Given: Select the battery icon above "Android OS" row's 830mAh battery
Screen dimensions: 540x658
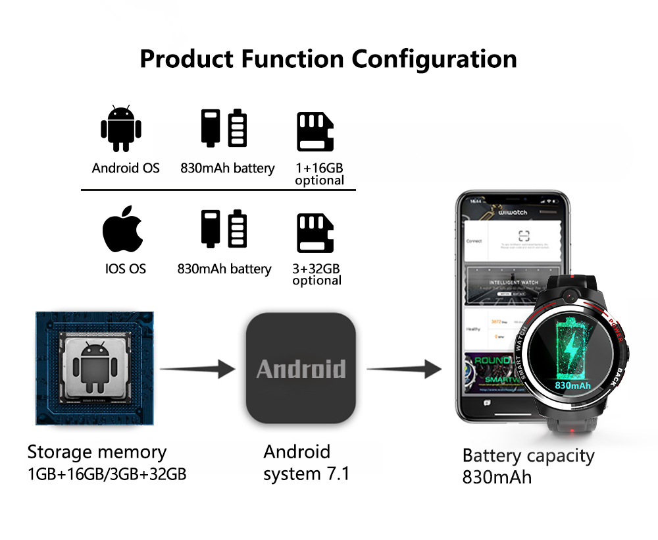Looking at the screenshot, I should coord(224,128).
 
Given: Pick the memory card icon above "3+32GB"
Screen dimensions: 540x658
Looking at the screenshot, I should coord(315,232).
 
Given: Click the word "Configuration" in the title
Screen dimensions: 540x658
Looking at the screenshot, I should coord(434,59).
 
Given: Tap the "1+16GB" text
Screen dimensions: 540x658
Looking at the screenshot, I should coord(319,168).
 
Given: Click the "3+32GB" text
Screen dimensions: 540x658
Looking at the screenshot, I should coord(316,269).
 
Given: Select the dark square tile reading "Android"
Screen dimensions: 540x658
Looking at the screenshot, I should coord(301,368).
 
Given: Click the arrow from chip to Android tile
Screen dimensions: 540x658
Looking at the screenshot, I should coord(197,369).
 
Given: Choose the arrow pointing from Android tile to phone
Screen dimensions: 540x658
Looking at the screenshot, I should coord(403,369).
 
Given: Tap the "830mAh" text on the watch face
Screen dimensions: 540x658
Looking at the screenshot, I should coord(573,385).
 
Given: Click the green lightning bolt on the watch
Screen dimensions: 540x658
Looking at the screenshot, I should coord(574,346).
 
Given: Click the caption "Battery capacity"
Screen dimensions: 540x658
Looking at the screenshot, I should coord(528,455).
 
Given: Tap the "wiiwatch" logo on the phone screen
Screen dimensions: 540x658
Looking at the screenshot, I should coord(513,213).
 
